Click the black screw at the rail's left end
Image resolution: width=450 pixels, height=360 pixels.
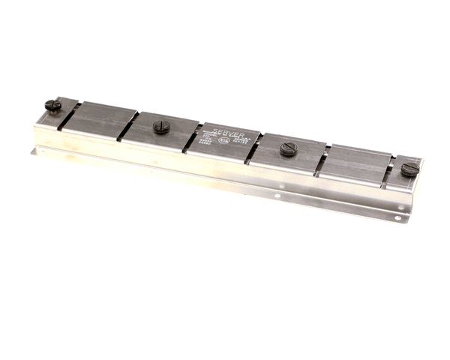(53, 106)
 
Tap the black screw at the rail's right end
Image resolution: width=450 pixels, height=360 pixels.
(409, 169)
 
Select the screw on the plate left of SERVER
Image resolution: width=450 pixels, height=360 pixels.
(161, 126)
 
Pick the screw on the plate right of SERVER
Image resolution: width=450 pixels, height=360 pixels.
(289, 148)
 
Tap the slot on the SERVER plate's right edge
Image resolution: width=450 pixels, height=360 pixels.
(255, 148)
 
